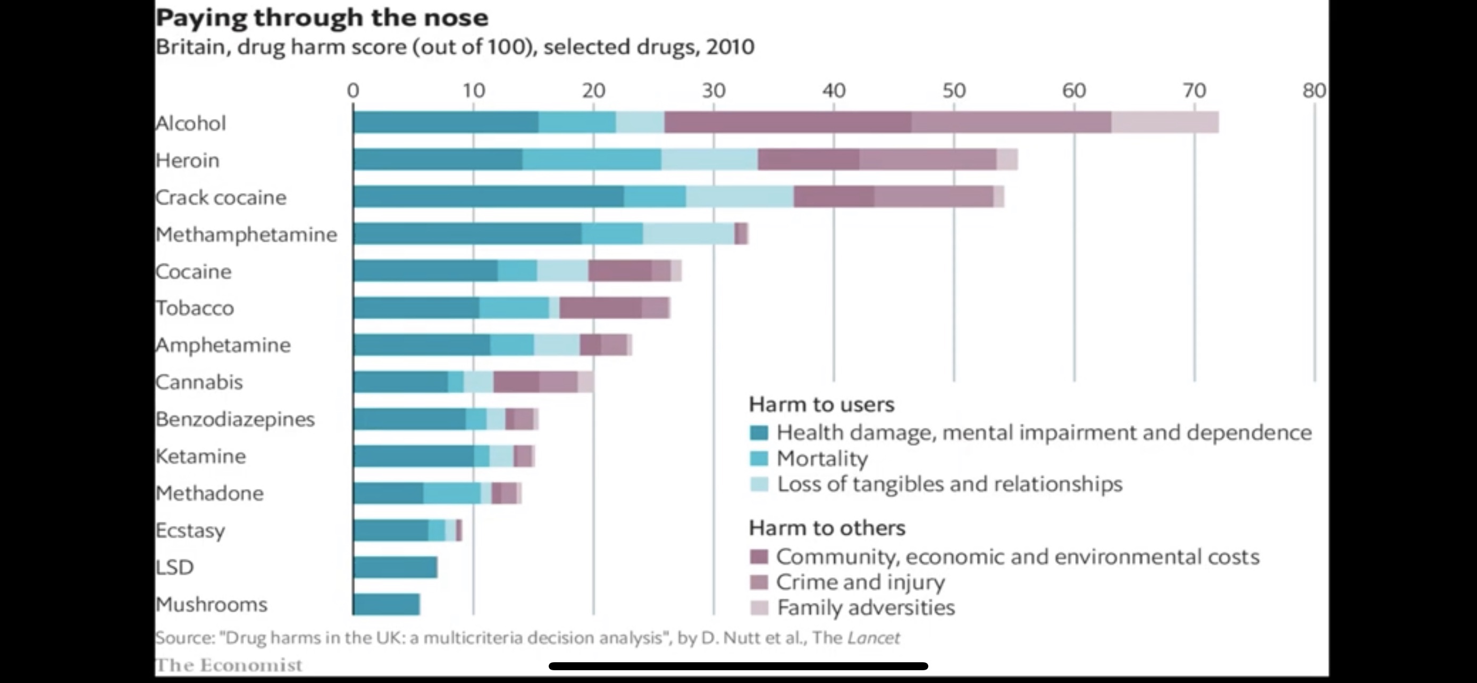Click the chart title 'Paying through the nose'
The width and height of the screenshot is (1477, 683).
click(322, 18)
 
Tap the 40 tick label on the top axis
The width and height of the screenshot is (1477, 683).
click(834, 90)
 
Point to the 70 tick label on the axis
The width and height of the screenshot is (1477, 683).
click(1194, 90)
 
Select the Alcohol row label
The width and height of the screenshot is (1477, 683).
click(191, 123)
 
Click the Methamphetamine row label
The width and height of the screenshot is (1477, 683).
click(247, 235)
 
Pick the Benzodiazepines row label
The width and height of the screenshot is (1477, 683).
click(235, 419)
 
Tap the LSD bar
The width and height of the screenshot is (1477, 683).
click(396, 567)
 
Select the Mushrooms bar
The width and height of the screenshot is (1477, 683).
click(387, 604)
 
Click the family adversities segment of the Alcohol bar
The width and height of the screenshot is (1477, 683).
click(1164, 122)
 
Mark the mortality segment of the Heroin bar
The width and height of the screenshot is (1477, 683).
click(592, 160)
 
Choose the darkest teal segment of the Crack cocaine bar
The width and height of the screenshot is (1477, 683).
click(489, 197)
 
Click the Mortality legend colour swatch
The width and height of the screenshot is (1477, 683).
click(759, 459)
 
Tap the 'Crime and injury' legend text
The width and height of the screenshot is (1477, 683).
click(860, 582)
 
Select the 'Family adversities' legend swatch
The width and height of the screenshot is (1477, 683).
click(759, 608)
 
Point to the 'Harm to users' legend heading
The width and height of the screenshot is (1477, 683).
click(821, 405)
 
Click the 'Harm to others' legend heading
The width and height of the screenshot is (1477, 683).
click(827, 528)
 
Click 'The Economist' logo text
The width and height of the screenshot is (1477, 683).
click(229, 665)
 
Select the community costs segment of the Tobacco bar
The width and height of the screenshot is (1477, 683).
click(600, 308)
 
